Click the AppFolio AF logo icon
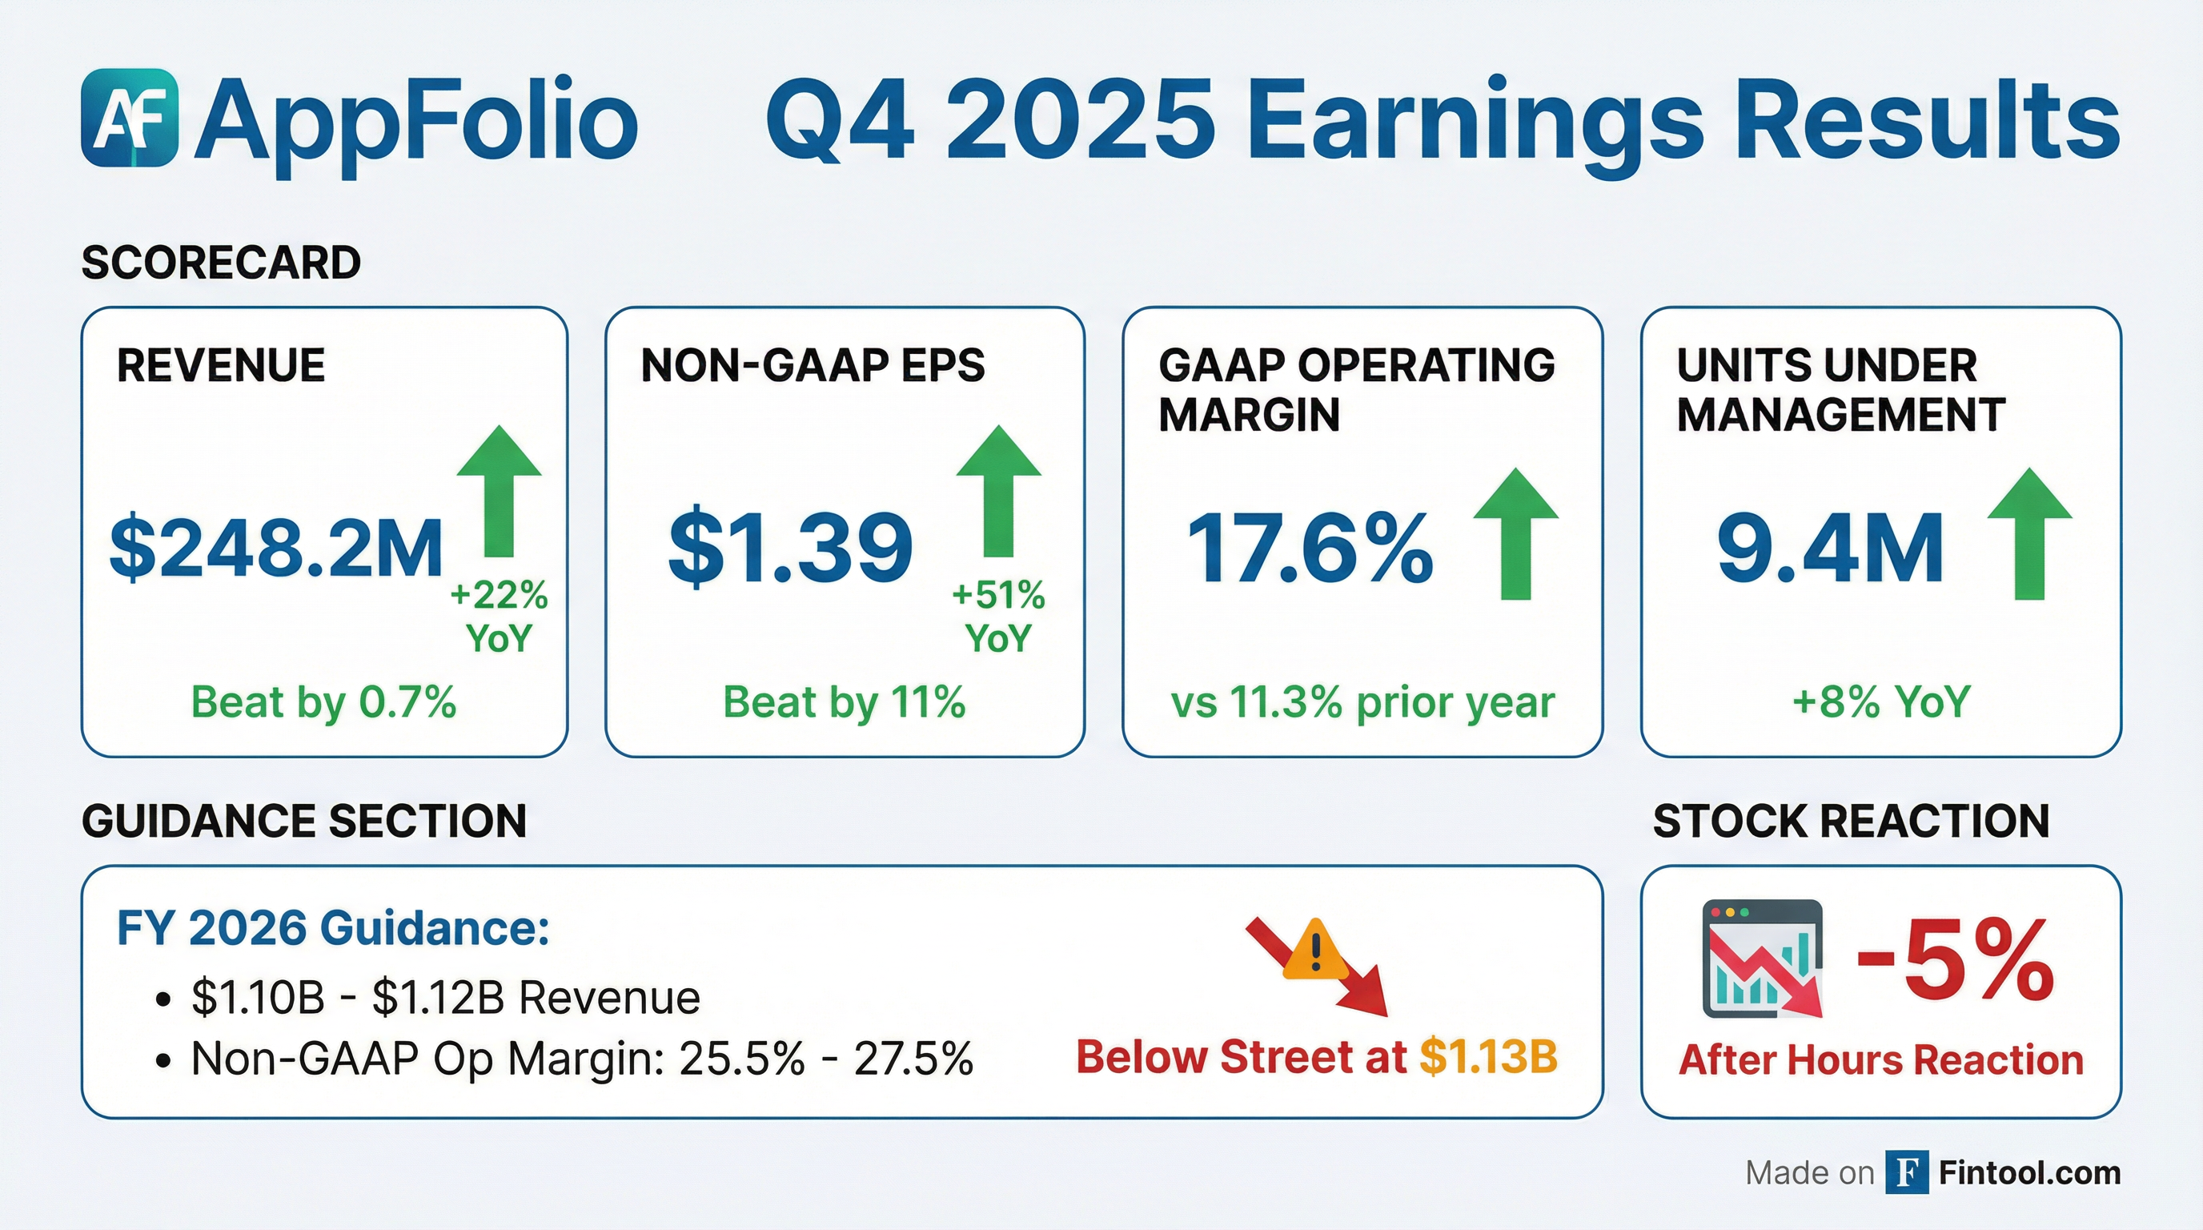(x=130, y=117)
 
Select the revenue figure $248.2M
(x=276, y=548)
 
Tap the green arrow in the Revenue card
(x=500, y=492)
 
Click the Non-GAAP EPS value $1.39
(x=790, y=548)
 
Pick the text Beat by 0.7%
(x=323, y=702)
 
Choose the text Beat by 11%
(x=844, y=702)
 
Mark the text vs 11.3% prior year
(x=1362, y=702)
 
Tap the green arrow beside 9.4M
(x=2029, y=534)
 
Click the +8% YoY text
(x=1880, y=702)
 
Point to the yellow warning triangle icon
(x=1315, y=950)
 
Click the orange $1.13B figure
(x=1488, y=1057)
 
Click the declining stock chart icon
(x=1762, y=959)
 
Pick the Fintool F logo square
(x=1907, y=1172)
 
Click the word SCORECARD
(x=221, y=263)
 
